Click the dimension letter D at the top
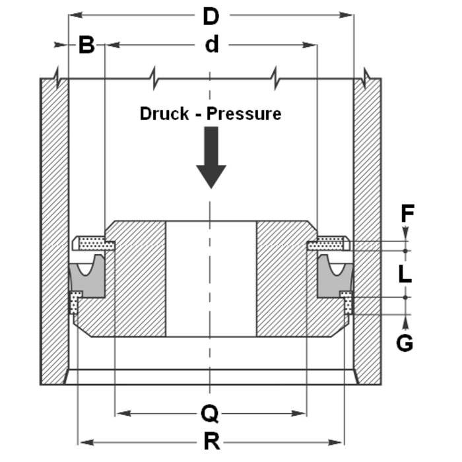click(x=211, y=16)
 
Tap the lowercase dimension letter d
click(x=211, y=45)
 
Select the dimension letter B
click(x=87, y=46)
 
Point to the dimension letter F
click(x=407, y=213)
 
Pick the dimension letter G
click(x=405, y=342)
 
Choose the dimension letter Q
click(x=211, y=414)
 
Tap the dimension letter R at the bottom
click(x=211, y=442)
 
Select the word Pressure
click(x=244, y=114)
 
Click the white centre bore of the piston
click(x=211, y=277)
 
